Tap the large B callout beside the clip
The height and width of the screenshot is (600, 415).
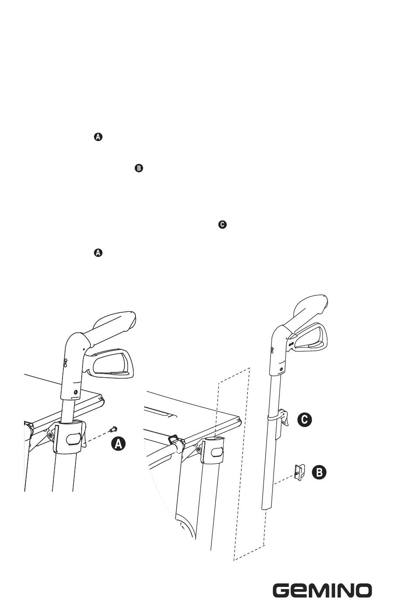click(x=319, y=472)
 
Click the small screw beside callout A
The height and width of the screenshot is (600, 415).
click(x=113, y=429)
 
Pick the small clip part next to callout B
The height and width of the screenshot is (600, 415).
click(x=300, y=473)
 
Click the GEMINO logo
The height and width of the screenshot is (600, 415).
click(x=322, y=581)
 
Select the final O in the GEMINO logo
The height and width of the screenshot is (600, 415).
click(x=363, y=581)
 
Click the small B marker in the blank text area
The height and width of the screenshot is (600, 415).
click(x=138, y=168)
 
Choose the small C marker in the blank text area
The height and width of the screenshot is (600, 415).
click(x=222, y=224)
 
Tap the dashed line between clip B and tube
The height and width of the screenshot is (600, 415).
click(x=284, y=480)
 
